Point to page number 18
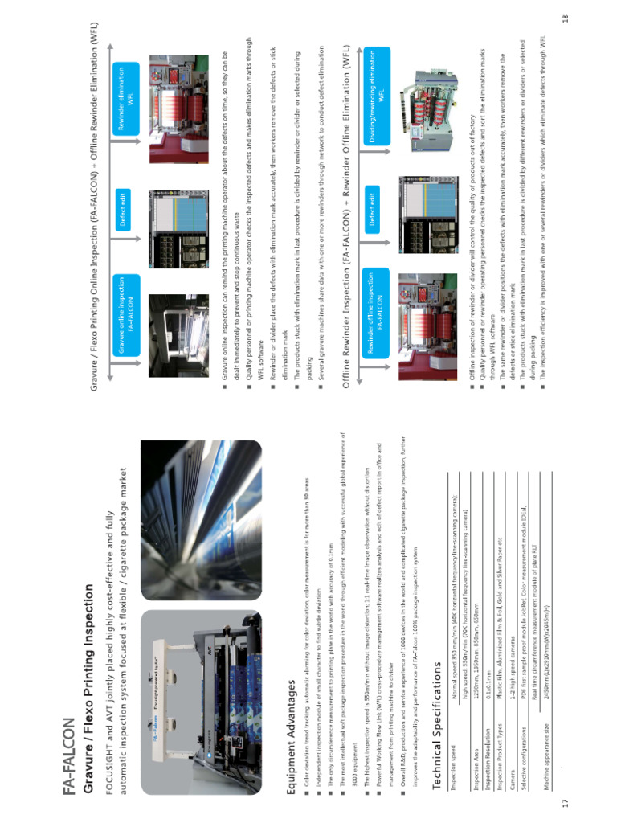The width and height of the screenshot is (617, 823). [566, 16]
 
